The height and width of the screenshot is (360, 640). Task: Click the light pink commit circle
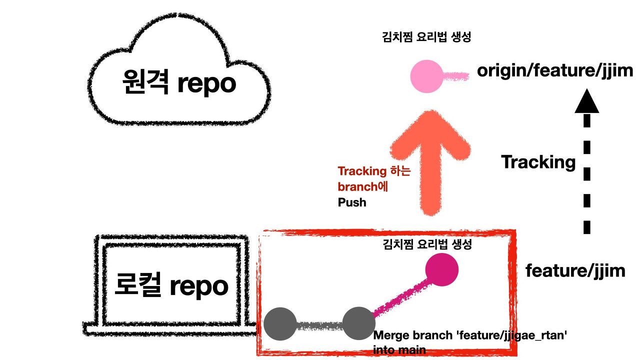click(426, 76)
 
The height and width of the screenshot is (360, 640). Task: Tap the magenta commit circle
click(441, 269)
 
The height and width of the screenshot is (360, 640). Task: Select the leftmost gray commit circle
click(280, 324)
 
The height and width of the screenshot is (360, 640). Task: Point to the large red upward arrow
click(430, 160)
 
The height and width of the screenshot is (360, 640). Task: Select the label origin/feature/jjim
click(555, 70)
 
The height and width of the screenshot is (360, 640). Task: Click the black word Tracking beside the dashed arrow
click(538, 162)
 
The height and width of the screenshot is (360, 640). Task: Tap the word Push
click(352, 202)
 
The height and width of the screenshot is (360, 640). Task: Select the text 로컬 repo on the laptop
click(171, 285)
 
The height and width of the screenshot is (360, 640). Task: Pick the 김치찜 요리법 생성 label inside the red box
click(427, 244)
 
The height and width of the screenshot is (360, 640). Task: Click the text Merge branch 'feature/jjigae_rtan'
click(470, 335)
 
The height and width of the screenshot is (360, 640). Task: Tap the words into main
click(399, 350)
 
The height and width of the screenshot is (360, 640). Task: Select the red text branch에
click(363, 187)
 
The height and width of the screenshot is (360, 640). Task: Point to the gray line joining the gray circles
click(319, 325)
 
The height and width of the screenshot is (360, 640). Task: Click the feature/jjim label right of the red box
click(575, 270)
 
